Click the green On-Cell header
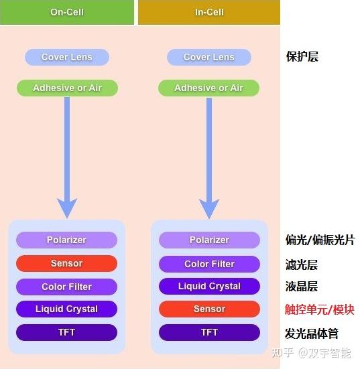67,12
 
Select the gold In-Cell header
209,12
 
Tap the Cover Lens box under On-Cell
67,57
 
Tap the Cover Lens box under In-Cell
209,57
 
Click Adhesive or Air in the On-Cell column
67,88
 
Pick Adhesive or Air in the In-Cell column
209,88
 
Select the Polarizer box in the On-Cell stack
67,240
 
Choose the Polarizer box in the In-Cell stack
209,240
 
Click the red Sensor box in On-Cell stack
67,263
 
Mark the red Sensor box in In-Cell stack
209,309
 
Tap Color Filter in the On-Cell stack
67,287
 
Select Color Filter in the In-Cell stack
209,264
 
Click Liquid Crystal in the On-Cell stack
67,309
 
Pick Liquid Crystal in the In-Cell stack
209,286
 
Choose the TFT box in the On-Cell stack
67,332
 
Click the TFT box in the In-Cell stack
209,332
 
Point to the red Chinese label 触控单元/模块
320,309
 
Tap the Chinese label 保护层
302,57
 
